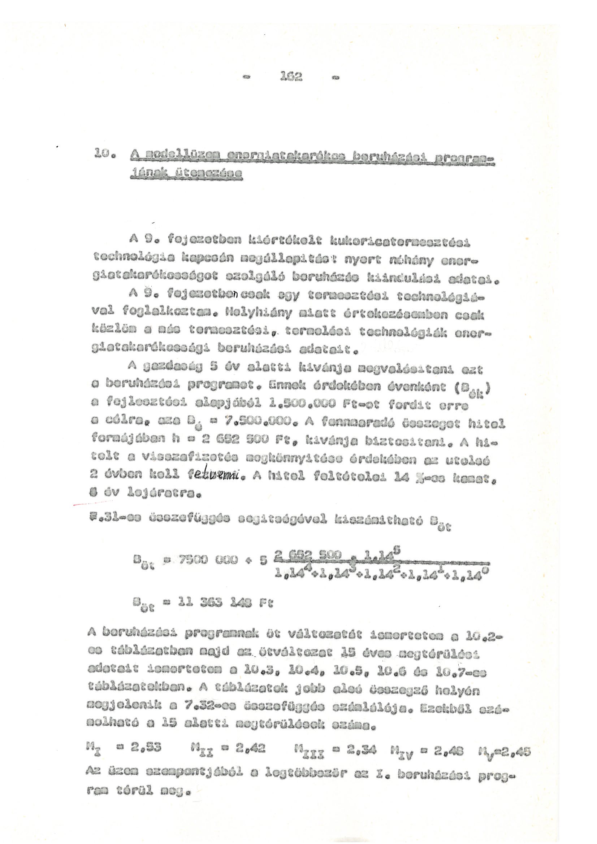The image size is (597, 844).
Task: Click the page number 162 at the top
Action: (291, 77)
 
